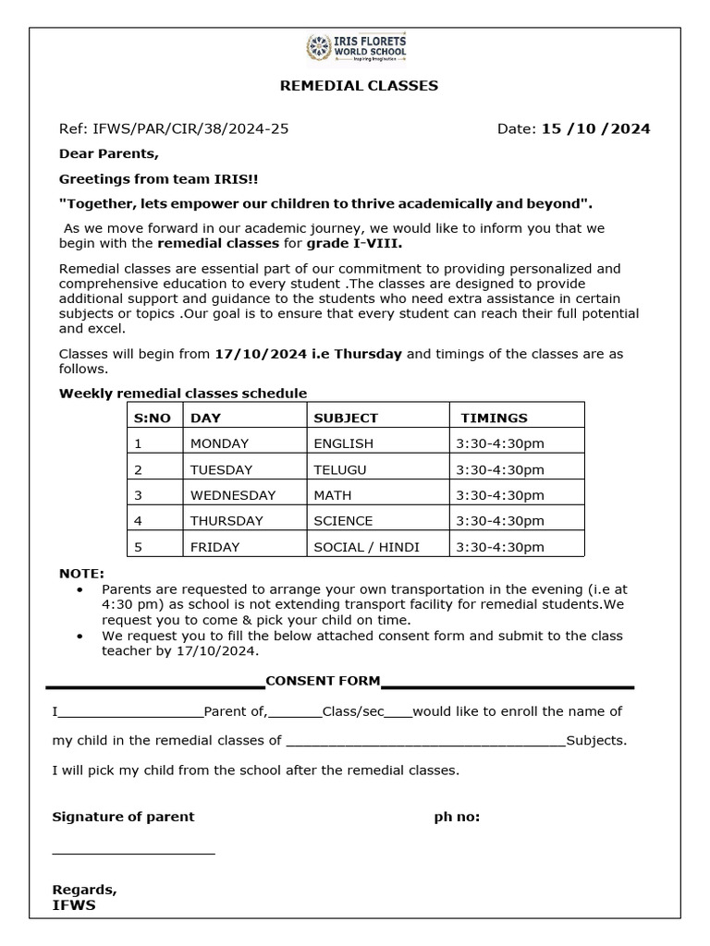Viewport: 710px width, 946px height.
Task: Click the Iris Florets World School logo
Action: coord(355,49)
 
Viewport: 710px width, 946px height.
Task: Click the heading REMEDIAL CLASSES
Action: coord(359,86)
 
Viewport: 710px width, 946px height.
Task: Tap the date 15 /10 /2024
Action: coord(595,128)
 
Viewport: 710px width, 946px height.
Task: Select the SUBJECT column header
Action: coord(346,418)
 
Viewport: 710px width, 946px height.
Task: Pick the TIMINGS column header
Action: coord(495,418)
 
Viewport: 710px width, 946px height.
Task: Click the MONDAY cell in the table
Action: coord(219,443)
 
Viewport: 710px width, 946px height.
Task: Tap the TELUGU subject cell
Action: coord(340,469)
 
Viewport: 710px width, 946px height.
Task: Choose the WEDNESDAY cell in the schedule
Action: coord(233,495)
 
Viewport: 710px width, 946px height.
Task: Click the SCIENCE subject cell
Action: coord(343,521)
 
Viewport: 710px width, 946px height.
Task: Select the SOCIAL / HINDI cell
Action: coord(366,547)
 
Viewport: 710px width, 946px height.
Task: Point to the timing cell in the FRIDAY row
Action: coord(500,547)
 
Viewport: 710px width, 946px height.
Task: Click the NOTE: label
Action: coord(81,574)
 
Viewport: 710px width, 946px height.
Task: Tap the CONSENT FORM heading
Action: coord(323,681)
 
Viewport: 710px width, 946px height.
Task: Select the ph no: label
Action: coord(457,817)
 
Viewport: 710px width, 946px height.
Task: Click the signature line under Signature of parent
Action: coord(133,854)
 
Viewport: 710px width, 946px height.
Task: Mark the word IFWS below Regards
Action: coord(74,905)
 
